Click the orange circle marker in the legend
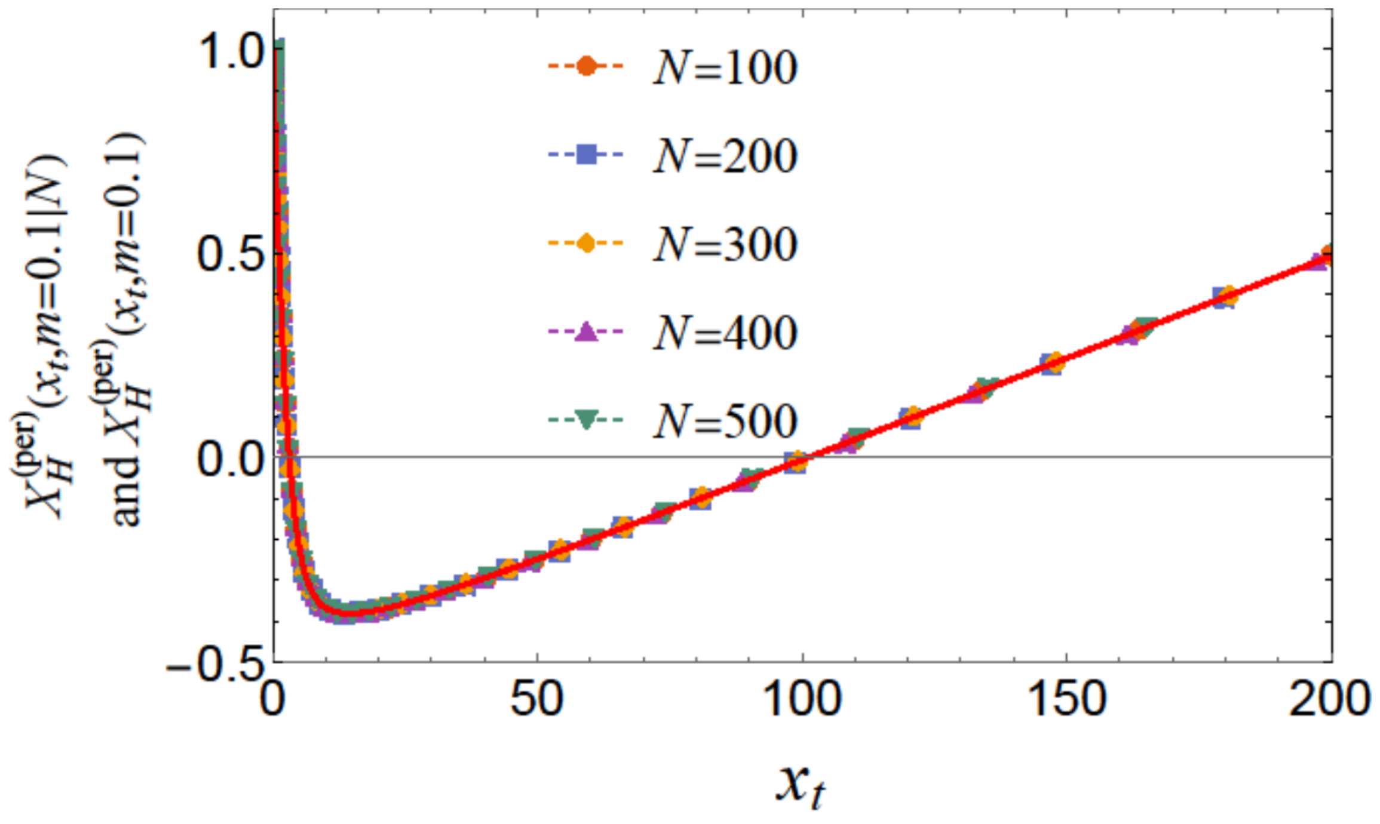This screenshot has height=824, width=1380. (x=587, y=66)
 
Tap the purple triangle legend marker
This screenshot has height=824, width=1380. (x=587, y=331)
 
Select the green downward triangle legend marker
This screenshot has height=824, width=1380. (x=587, y=420)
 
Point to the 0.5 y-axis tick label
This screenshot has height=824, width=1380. (x=230, y=254)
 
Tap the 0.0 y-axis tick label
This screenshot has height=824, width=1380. (x=230, y=459)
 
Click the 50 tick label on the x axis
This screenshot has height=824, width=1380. (x=537, y=699)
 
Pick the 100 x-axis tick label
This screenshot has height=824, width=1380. (x=802, y=699)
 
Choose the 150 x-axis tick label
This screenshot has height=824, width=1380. (x=1067, y=699)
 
